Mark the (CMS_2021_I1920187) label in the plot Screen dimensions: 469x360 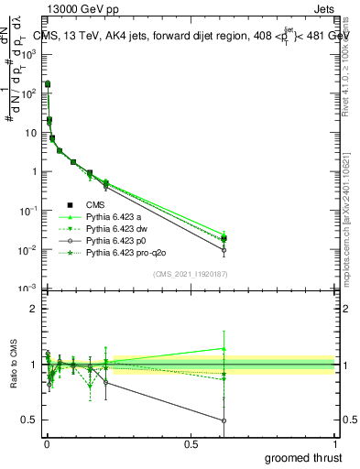click(191, 273)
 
